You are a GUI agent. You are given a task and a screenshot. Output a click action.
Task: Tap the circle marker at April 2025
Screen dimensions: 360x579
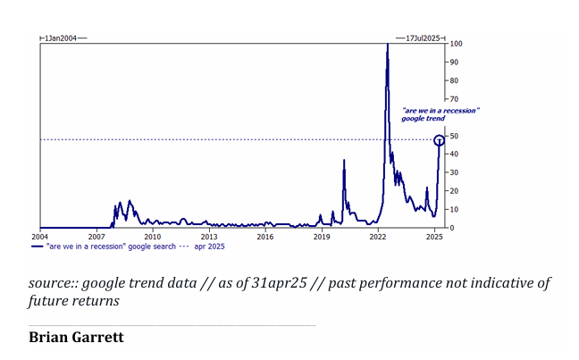[x=439, y=140]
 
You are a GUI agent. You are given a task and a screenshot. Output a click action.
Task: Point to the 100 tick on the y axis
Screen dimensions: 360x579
[x=456, y=44]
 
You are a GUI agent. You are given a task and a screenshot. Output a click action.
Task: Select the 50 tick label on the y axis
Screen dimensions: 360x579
[x=455, y=136]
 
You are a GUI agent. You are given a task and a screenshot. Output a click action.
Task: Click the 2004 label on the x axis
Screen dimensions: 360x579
[x=39, y=237]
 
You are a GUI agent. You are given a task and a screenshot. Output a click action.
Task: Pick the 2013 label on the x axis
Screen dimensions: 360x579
[x=208, y=237]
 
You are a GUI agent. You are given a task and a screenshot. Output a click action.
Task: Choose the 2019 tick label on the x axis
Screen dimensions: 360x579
[x=321, y=237]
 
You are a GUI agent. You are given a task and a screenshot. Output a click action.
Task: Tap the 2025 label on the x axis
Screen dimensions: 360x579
[x=433, y=237]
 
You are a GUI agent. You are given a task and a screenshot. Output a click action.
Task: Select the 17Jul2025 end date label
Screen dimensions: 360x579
[x=423, y=38]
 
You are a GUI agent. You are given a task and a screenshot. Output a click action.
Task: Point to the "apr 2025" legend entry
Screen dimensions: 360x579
[x=209, y=246]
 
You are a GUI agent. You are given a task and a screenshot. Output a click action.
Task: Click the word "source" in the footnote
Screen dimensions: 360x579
[x=50, y=283]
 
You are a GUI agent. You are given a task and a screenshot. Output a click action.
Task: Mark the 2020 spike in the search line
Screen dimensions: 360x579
[x=344, y=162]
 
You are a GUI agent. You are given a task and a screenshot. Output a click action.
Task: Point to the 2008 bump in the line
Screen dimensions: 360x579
[x=121, y=204]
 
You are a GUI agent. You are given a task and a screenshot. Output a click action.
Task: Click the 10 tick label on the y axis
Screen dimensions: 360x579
[x=455, y=210]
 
